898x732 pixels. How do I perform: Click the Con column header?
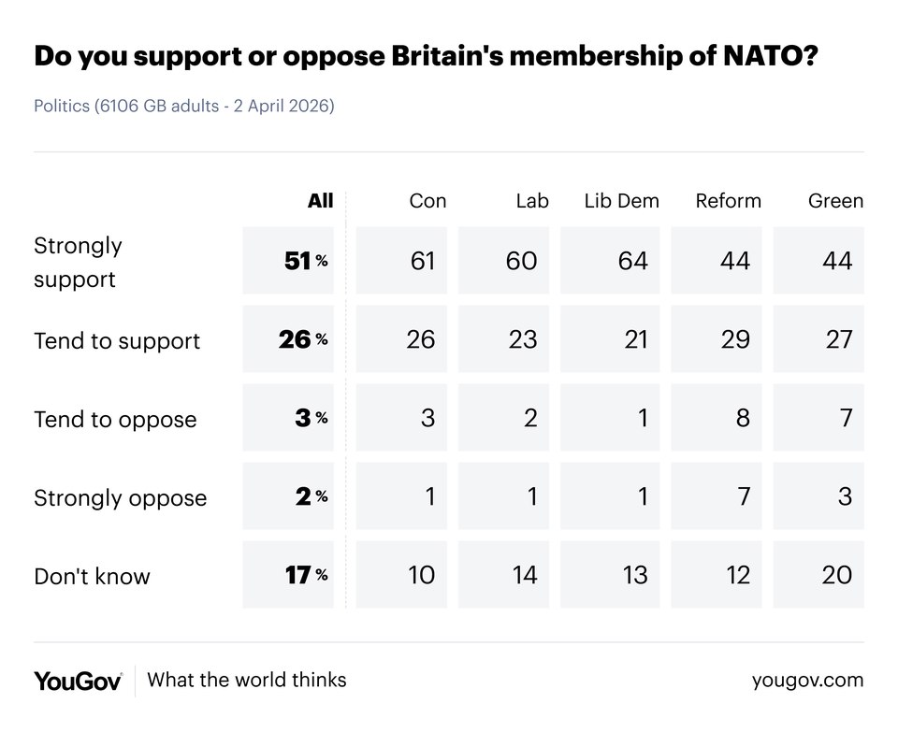[427, 201]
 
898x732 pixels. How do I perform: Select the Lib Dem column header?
[621, 201]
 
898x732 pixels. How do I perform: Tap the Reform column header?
[728, 201]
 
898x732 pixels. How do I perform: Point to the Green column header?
[835, 201]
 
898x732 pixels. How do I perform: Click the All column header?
[320, 201]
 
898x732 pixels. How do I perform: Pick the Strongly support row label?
[78, 262]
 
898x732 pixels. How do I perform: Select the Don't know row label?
[92, 576]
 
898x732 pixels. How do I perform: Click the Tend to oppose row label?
[115, 419]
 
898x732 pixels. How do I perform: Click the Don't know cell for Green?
[818, 575]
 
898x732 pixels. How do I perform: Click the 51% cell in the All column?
[288, 261]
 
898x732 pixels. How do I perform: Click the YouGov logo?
[78, 681]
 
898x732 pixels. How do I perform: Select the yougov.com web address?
[807, 681]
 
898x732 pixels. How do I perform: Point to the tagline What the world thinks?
[247, 680]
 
